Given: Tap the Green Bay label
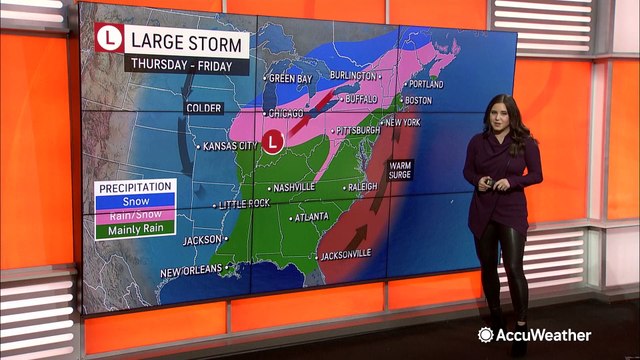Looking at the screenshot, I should pyautogui.click(x=291, y=77).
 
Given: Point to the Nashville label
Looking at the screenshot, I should pyautogui.click(x=293, y=187).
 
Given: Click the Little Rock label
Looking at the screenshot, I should pyautogui.click(x=244, y=204).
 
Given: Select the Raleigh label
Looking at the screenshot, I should pyautogui.click(x=361, y=187).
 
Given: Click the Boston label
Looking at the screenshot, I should pyautogui.click(x=419, y=100).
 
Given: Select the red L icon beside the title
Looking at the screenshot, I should pyautogui.click(x=108, y=41).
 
